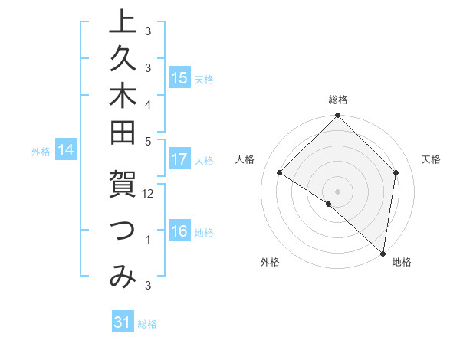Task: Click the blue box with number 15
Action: pyautogui.click(x=179, y=77)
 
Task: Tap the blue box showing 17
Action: pyautogui.click(x=179, y=159)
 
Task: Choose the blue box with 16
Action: pyautogui.click(x=179, y=231)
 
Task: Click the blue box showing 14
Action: pyautogui.click(x=67, y=150)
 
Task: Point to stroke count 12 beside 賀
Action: pyautogui.click(x=149, y=194)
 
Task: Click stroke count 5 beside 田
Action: pyautogui.click(x=148, y=141)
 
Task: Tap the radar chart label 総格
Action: pyautogui.click(x=337, y=100)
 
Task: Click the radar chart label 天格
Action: pyautogui.click(x=431, y=159)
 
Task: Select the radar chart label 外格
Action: pyautogui.click(x=270, y=262)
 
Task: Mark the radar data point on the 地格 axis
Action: pyautogui.click(x=383, y=254)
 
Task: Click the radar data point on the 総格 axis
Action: pyautogui.click(x=337, y=116)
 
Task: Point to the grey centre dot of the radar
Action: pyautogui.click(x=337, y=191)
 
